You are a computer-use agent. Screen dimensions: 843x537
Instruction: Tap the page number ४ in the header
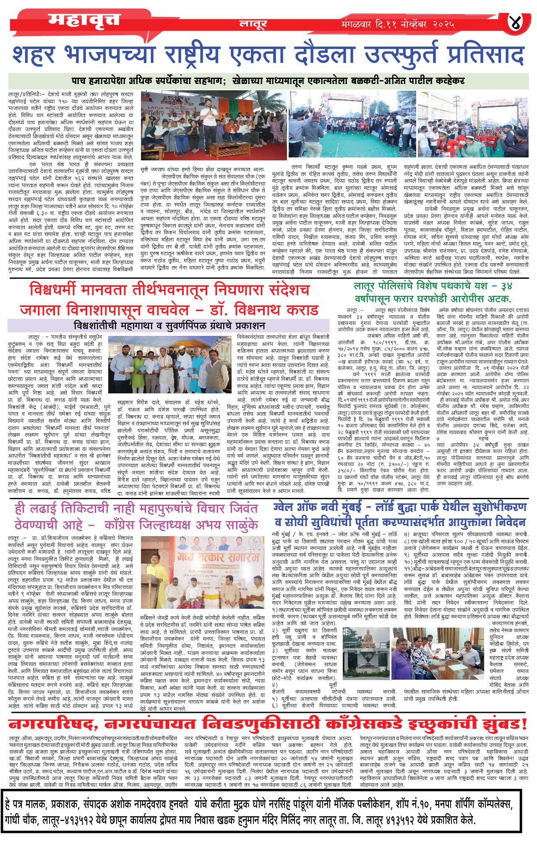point(515,22)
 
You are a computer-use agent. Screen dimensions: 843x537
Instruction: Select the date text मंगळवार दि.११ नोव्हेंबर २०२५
point(398,25)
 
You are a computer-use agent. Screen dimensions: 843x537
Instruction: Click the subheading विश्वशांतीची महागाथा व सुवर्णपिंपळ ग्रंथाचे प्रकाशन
point(169,325)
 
